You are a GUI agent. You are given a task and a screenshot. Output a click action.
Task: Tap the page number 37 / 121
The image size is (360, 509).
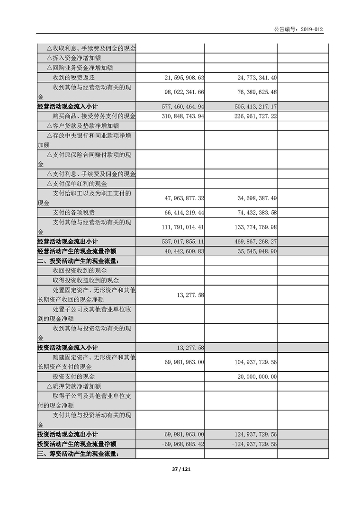pos(180,469)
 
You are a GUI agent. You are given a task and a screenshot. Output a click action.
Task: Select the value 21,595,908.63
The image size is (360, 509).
pos(178,77)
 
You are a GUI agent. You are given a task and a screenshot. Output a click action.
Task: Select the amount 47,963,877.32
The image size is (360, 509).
pos(178,197)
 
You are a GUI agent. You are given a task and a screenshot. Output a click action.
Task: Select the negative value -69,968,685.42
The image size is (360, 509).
pos(177,444)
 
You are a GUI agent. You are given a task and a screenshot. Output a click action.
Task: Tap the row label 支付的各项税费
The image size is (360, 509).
pos(73,212)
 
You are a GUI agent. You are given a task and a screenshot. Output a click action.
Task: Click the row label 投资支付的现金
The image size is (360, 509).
pos(73,376)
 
